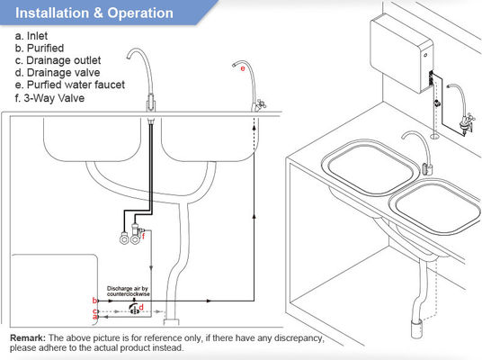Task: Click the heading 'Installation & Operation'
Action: [94, 13]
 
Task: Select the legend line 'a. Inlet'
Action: [31, 36]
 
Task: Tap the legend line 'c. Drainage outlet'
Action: [58, 60]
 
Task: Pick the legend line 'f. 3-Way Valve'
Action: [49, 98]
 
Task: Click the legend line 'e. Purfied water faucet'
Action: [70, 85]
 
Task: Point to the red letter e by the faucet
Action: [243, 68]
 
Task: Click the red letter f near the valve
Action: [143, 236]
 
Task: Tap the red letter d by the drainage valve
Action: [141, 307]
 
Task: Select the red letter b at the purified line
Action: [94, 301]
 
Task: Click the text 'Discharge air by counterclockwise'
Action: [129, 291]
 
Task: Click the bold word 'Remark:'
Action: [28, 337]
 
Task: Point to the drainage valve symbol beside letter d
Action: [134, 310]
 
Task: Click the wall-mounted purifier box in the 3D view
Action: [401, 56]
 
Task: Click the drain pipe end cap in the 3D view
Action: [417, 329]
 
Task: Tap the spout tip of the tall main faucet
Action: [128, 58]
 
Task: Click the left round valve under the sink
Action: [124, 238]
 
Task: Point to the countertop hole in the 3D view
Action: [434, 134]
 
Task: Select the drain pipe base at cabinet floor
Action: [171, 322]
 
